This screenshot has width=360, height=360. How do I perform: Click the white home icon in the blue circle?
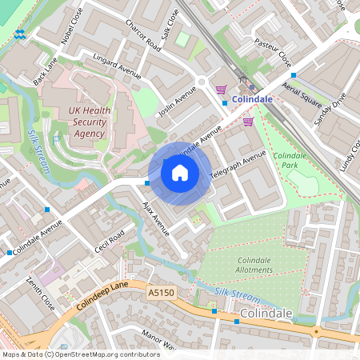pyautogui.click(x=180, y=171)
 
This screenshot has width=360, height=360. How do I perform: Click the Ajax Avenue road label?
pyautogui.click(x=156, y=217)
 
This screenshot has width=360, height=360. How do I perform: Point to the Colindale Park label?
pyautogui.click(x=290, y=160)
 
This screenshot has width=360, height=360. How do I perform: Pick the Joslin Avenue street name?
pyautogui.click(x=177, y=103)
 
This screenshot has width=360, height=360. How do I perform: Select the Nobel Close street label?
pyautogui.click(x=71, y=26)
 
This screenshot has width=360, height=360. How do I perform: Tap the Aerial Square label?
pyautogui.click(x=302, y=94)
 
